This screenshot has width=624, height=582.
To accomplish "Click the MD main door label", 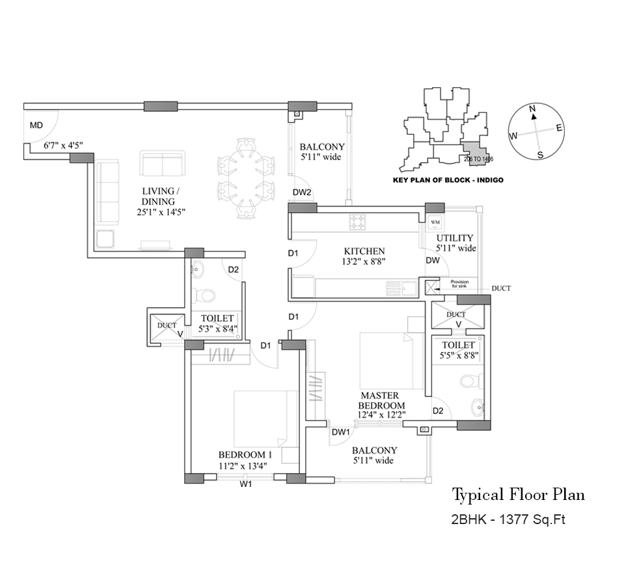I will coord(36,126).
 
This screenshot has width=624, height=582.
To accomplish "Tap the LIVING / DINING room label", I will coord(158,197).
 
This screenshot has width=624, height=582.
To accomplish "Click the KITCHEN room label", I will coord(364,251).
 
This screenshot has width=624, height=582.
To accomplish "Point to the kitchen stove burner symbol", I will coord(357,223).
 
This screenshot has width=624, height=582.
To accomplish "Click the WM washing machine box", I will coord(435,223).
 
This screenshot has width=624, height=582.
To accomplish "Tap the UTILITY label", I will coord(455,238).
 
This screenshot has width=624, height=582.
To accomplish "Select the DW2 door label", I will coord(302,192).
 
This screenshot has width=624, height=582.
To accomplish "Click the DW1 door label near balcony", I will coord(341,432).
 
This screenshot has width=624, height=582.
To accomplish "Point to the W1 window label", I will coord(245,484).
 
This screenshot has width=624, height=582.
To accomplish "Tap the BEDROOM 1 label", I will coord(245,454).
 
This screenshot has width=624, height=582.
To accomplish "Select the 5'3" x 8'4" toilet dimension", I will coord(217,329).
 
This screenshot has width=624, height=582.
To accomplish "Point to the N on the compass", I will coord(532,109).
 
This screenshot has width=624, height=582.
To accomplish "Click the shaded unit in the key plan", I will coord(473,152).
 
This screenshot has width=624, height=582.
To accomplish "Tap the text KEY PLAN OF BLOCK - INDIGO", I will coord(448,180).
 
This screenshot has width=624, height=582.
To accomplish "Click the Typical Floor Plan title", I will coord(518,495).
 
